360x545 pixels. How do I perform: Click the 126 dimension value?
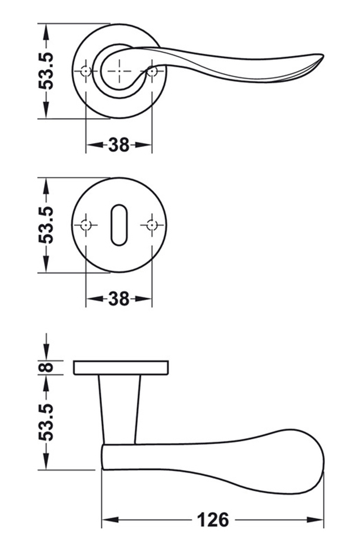pos(213,520)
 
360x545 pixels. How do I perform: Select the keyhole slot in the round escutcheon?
pos(119,225)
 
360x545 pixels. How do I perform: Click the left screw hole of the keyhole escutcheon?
pos(85,225)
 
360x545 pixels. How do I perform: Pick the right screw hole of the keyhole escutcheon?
pos(152,225)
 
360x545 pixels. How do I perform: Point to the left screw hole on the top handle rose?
pos(85,71)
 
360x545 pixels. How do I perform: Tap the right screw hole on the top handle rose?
pos(152,71)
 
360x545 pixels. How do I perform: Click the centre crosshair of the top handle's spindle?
pos(119,71)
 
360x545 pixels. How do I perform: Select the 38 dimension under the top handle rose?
pos(119,145)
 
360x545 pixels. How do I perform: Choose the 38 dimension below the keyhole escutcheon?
pos(119,298)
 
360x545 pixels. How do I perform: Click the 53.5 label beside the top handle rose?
pos(47,71)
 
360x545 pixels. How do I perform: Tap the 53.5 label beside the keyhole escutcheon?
pos(47,225)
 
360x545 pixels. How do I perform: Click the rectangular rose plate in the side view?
pos(121,367)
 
